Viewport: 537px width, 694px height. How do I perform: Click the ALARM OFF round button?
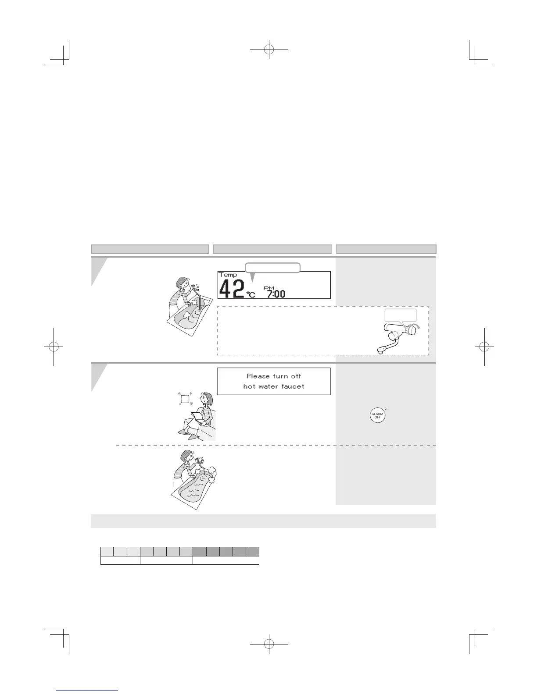tap(377, 415)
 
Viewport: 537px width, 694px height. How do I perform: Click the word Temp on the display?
tap(228, 275)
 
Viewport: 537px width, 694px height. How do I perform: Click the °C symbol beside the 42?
tap(251, 294)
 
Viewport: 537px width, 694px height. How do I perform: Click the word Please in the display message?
tap(258, 376)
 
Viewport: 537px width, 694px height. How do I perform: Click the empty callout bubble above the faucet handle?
tap(400, 315)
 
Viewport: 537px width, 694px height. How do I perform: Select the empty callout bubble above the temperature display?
tap(272, 267)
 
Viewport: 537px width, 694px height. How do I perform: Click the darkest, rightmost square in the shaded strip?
tap(252, 551)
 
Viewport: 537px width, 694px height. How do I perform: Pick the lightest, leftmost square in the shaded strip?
tap(107, 551)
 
